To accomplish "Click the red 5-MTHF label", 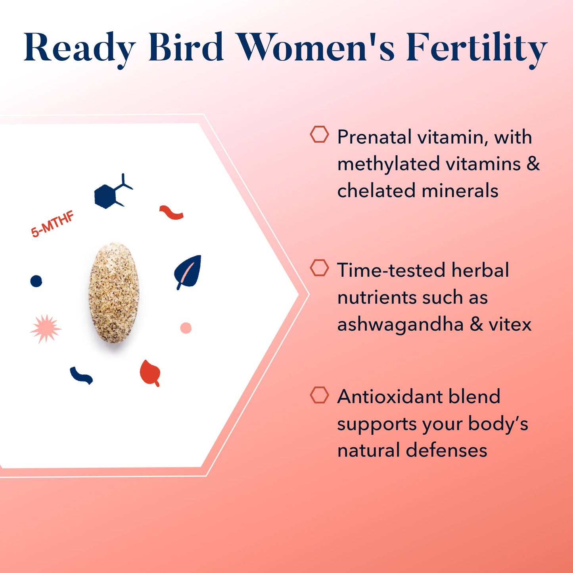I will coord(52,224).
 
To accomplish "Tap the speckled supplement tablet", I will coord(114,293).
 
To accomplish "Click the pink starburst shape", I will coord(46,328).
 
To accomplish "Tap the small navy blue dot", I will coord(36,281).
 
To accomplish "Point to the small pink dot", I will coord(186,328).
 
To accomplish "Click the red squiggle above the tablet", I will coord(171,213).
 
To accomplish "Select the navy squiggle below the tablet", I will coord(81,376).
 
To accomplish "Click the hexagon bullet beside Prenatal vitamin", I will coord(319,135).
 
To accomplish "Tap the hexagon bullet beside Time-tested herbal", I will coord(319,268).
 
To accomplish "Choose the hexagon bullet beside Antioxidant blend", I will coord(319,395).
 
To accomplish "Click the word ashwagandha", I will coord(400,325).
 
